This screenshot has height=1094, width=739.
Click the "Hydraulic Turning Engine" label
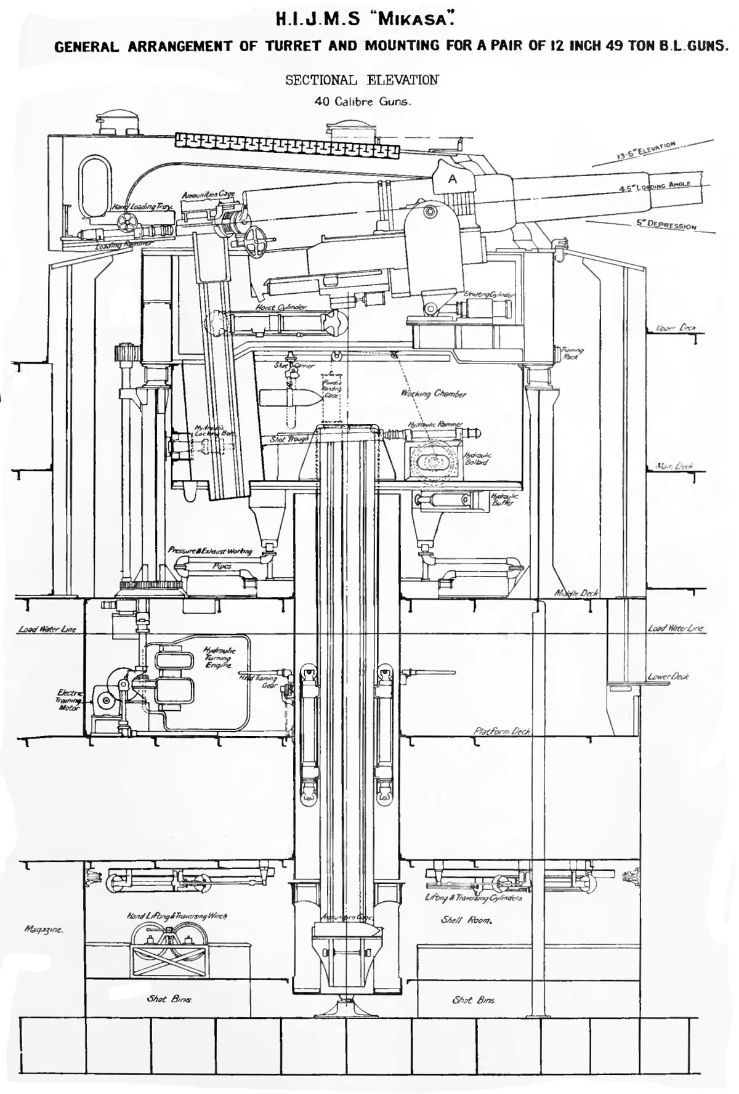point(219,658)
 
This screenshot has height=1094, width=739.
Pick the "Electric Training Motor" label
point(70,700)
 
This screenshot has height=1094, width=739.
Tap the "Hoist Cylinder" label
point(282,306)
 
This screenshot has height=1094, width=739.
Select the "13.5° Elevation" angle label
point(647,150)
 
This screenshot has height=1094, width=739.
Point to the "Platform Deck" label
point(502,731)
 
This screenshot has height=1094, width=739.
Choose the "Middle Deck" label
point(576,593)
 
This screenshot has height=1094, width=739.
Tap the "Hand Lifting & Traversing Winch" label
point(177,916)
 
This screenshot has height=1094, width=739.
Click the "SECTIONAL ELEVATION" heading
point(361,80)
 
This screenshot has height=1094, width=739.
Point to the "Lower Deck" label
point(668,676)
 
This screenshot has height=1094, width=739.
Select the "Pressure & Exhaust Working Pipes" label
point(211,556)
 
